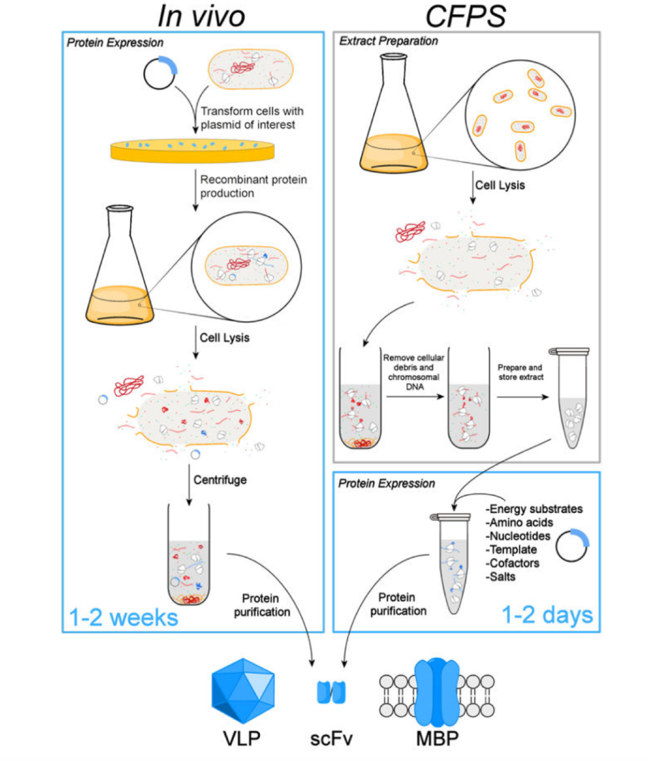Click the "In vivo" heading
201,16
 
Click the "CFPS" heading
466,16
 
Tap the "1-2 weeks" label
124,618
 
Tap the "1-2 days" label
547,615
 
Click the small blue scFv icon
331,692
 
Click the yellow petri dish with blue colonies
192,150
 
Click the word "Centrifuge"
220,480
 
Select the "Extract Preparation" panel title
388,41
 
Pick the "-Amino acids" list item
519,522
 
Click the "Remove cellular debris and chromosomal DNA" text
414,372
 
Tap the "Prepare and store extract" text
520,372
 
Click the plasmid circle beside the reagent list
571,545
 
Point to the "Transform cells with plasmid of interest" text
252,118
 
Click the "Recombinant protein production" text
253,186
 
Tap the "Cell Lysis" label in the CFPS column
500,185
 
